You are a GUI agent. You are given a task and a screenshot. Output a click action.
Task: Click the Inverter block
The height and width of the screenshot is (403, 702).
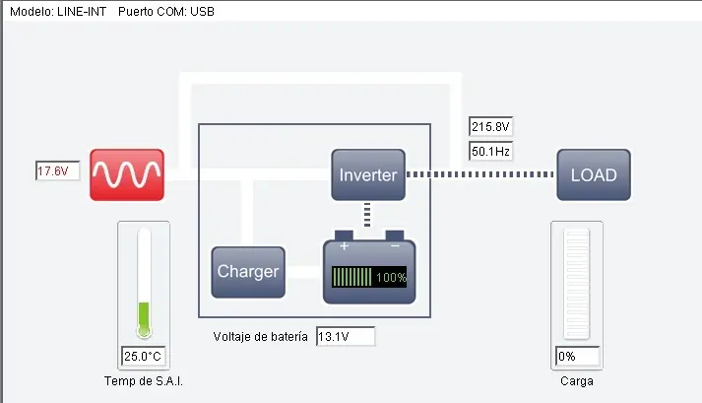[368, 175]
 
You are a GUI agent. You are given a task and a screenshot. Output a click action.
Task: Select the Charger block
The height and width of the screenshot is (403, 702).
[248, 272]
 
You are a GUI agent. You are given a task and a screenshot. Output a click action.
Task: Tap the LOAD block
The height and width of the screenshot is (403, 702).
[594, 175]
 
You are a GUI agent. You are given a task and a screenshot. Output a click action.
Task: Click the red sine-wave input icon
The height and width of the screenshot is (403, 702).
[126, 174]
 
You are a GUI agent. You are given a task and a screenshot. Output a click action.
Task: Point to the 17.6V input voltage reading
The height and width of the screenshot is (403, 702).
[55, 171]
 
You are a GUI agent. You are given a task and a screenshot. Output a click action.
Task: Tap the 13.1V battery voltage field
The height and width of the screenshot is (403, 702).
[345, 337]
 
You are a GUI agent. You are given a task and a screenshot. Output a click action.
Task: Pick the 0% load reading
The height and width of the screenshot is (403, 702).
[578, 356]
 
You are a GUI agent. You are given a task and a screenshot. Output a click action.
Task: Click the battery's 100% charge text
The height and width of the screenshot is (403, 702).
[390, 278]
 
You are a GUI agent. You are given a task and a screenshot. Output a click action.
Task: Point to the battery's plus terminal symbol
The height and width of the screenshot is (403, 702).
[344, 246]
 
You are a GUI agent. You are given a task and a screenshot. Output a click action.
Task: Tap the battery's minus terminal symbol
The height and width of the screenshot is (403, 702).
[395, 246]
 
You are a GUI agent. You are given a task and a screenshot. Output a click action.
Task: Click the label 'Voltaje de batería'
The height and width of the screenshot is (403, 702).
[261, 337]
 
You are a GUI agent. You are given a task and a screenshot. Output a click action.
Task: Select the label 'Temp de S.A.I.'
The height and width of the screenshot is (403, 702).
[144, 381]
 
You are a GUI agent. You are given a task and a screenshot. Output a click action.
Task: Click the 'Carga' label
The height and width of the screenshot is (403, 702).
[578, 381]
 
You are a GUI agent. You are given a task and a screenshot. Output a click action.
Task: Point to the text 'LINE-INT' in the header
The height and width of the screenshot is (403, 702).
[84, 12]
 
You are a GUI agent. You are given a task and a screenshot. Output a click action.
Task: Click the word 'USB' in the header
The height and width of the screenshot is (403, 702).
[200, 12]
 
